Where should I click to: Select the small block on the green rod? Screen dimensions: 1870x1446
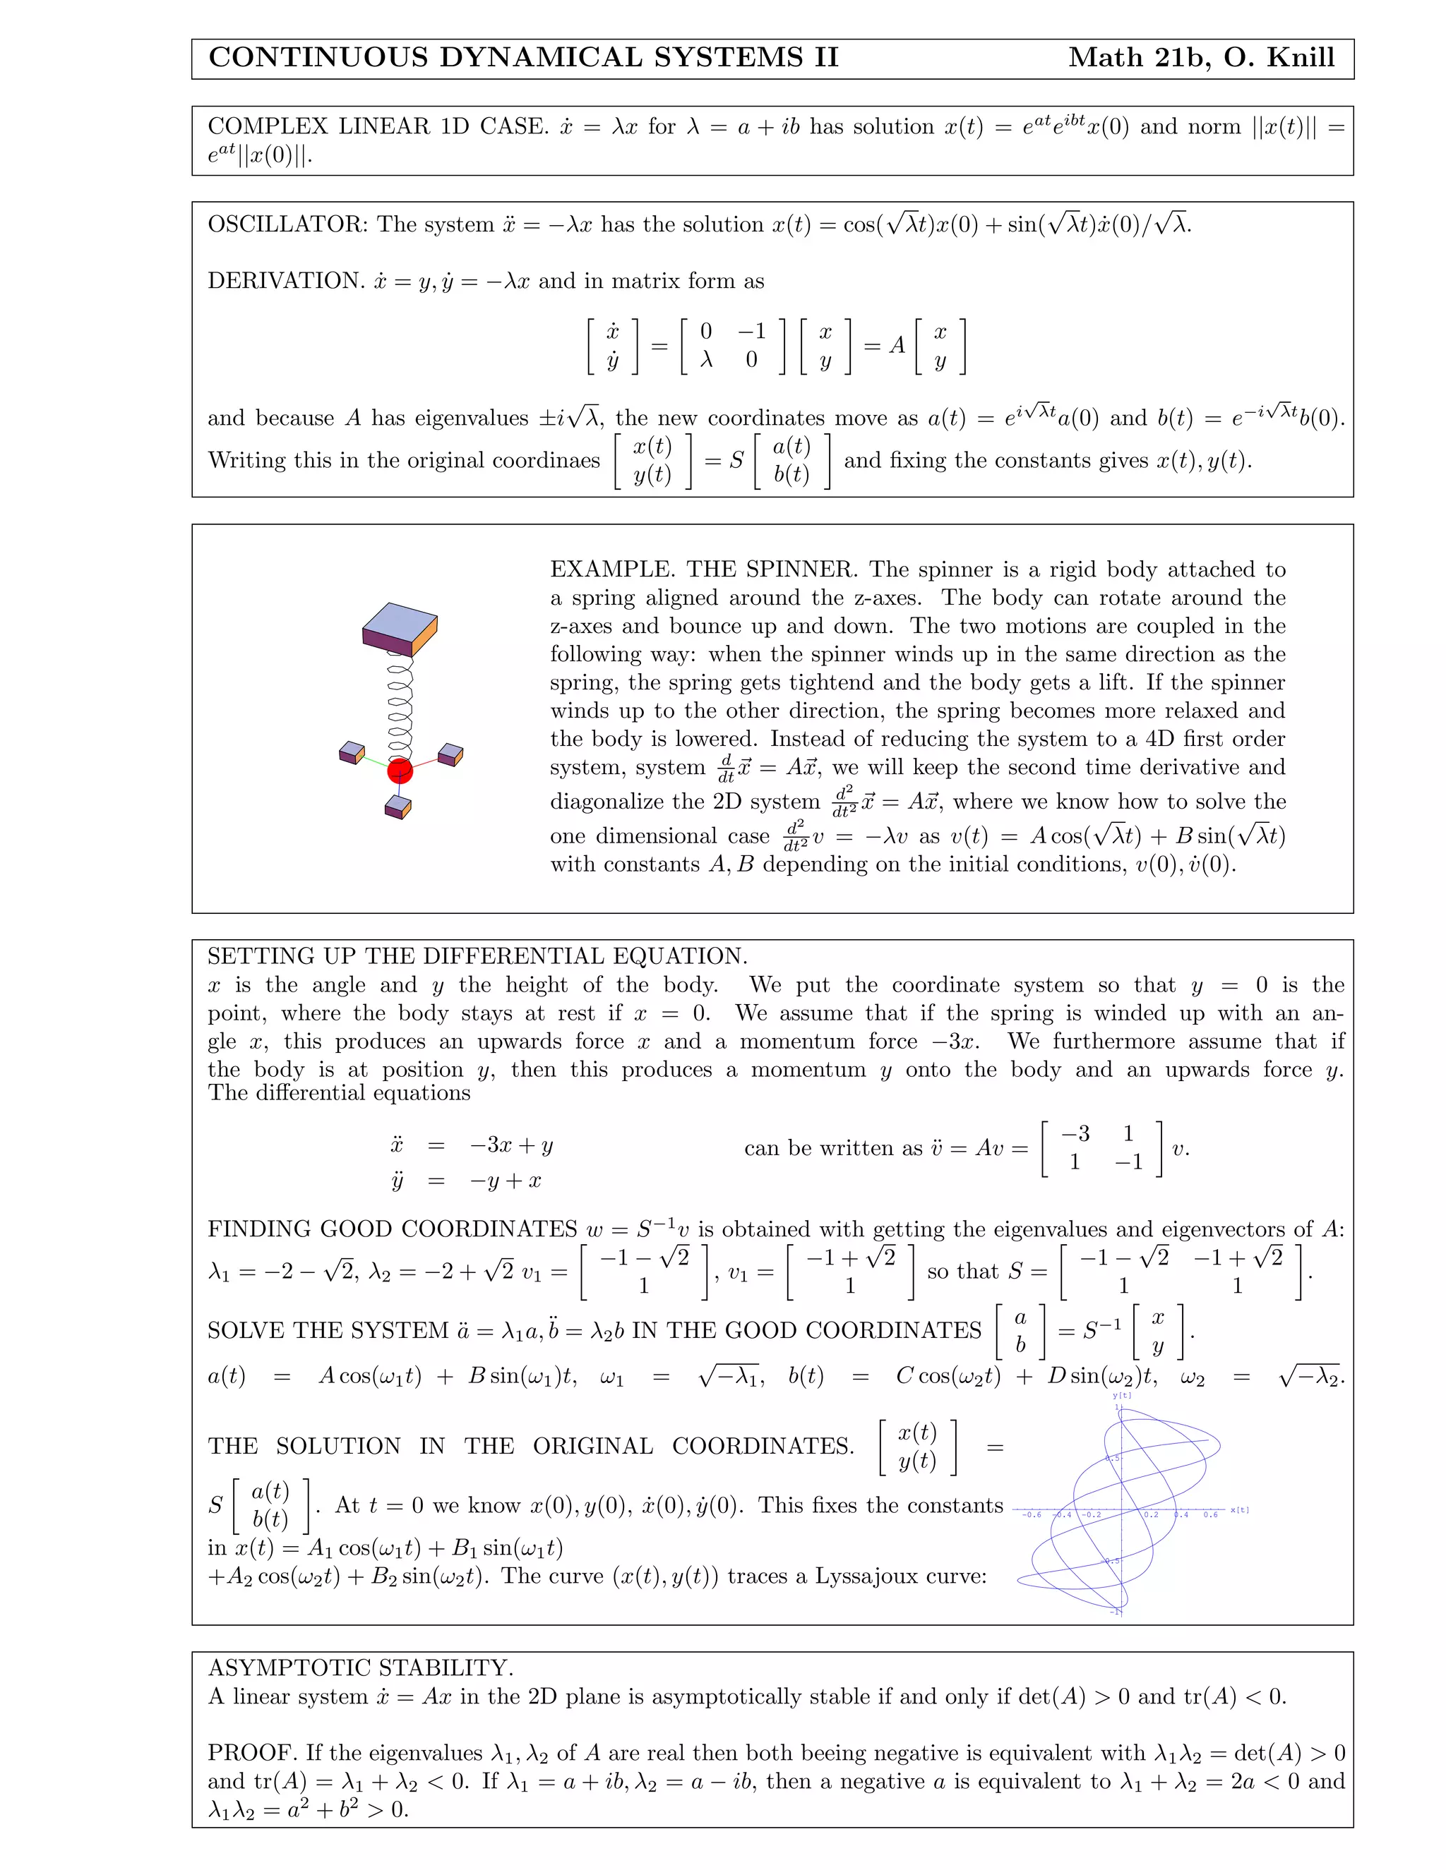[351, 753]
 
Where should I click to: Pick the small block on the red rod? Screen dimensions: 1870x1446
[450, 755]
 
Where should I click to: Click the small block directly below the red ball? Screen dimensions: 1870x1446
[398, 807]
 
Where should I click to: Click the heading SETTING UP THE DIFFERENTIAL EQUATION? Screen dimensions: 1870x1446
[477, 956]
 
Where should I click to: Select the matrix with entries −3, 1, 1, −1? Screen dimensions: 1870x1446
[1101, 1148]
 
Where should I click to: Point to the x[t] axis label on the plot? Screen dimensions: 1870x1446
[1240, 1509]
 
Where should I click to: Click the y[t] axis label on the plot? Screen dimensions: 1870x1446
[1121, 1396]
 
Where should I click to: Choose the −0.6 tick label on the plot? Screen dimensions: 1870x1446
[1032, 1514]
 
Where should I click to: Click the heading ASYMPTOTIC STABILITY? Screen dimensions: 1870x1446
[361, 1668]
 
